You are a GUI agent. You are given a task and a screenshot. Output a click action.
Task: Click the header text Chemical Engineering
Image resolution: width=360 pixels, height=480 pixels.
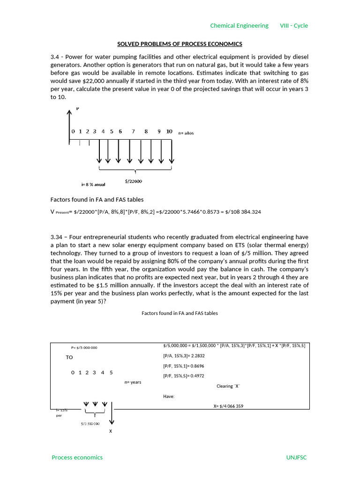pos(239,26)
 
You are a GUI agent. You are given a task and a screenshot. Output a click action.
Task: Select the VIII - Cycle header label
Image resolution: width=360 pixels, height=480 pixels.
pos(294,26)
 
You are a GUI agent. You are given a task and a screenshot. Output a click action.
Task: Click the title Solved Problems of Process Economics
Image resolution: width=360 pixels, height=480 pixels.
pos(180,44)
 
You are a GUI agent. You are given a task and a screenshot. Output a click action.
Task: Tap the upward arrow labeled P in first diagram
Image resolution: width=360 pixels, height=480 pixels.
pos(69,124)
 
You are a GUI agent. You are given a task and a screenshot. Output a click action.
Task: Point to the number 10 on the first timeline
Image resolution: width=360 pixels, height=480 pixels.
pos(169,132)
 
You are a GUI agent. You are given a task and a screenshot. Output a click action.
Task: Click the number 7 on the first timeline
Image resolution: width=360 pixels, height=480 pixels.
pos(133,132)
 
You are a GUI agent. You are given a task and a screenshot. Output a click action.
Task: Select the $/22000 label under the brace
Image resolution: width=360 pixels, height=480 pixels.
pos(134,181)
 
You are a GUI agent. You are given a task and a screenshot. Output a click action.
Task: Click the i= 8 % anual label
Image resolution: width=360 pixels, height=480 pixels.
pos(93,185)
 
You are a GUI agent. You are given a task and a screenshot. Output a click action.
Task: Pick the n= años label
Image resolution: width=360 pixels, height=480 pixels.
pos(186,133)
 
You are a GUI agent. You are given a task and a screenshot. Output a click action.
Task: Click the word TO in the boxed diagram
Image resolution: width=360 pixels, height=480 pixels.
pos(69,357)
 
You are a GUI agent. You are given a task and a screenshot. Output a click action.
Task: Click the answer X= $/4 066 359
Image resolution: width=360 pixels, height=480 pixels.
pos(228,406)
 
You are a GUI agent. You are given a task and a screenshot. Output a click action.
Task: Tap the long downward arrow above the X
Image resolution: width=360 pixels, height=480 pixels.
pos(111,415)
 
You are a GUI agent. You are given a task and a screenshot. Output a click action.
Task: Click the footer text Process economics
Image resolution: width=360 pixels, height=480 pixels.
pos(77,457)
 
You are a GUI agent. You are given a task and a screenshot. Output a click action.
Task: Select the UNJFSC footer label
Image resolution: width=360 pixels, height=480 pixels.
pos(296,457)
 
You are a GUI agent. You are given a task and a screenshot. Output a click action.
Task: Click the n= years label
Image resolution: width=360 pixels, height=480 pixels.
pos(133,382)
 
